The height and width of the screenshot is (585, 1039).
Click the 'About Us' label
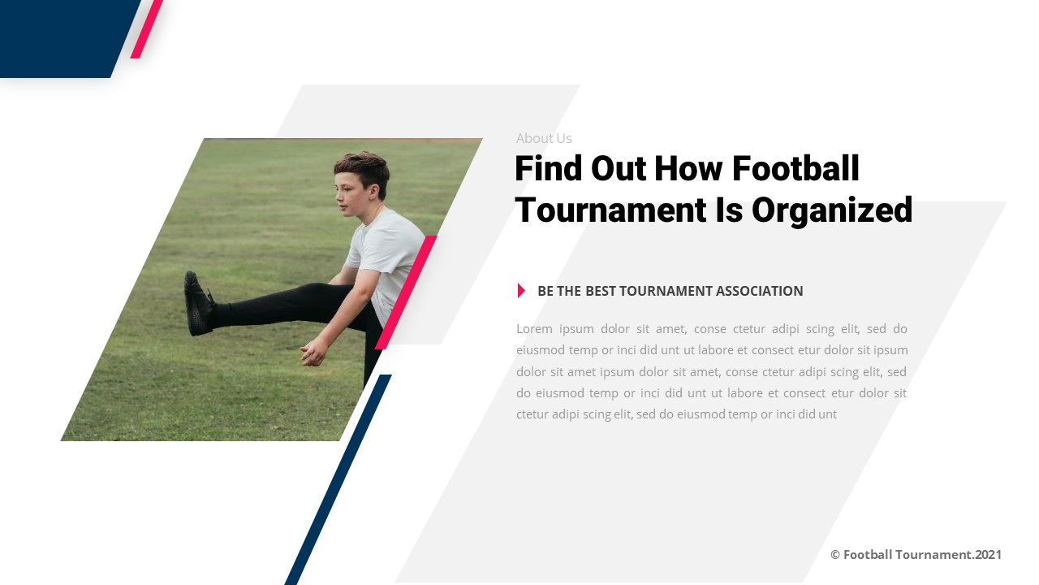544,138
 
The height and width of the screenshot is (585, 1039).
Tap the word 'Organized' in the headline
832,210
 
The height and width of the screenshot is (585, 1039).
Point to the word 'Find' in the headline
548,169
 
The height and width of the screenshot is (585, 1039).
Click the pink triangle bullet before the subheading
521,291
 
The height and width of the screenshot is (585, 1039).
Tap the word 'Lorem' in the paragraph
534,329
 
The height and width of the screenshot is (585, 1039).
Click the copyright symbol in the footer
834,555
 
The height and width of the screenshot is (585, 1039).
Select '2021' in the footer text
988,555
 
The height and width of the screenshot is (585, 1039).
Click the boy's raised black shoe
197,304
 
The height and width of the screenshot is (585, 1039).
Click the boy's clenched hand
313,353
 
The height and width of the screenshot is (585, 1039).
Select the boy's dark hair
363,167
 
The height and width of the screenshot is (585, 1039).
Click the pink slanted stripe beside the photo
406,292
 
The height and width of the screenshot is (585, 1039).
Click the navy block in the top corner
61,37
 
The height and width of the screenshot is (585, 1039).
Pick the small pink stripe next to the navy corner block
147,29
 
